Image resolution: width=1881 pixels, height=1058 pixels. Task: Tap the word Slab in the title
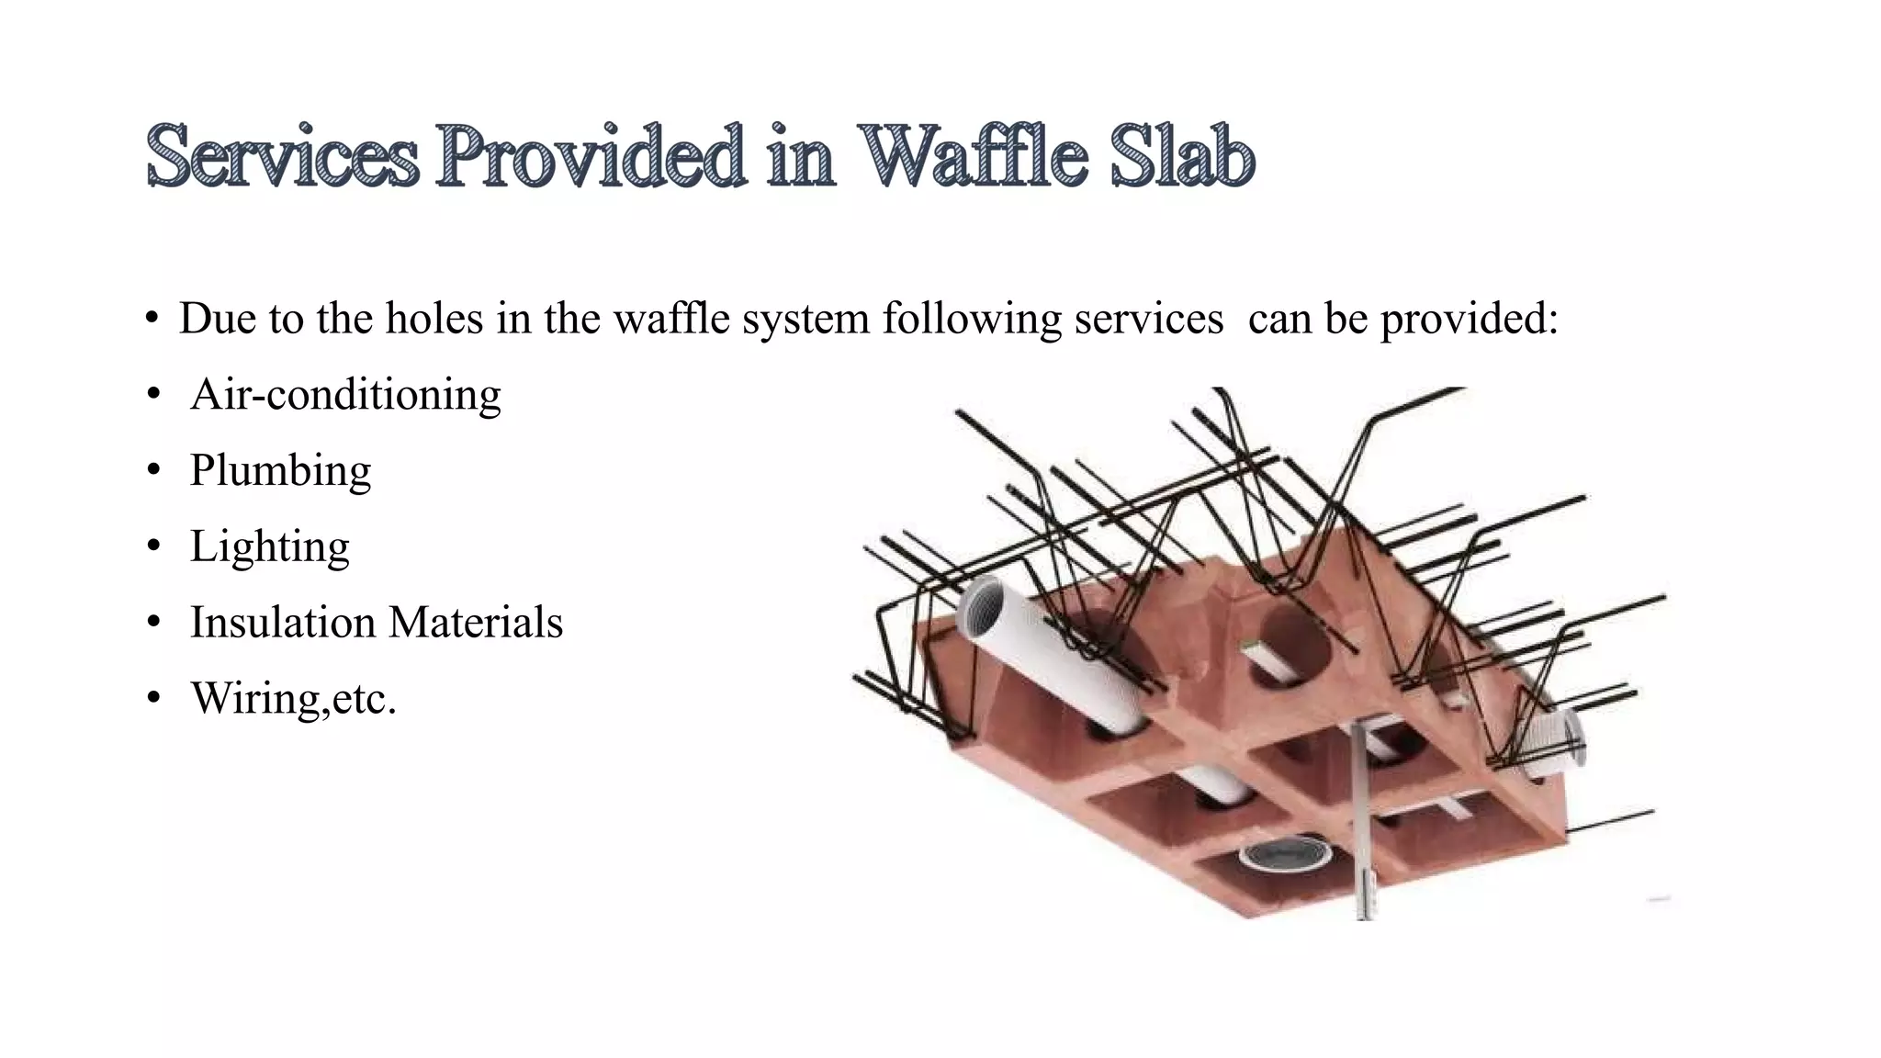[1182, 156]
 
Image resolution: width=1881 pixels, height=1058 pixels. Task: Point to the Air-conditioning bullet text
[345, 395]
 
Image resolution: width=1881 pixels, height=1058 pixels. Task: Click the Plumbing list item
[280, 471]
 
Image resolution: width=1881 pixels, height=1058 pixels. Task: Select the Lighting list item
[269, 547]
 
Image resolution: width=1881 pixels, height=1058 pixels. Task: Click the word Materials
[476, 623]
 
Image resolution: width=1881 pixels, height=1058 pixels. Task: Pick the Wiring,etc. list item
[293, 698]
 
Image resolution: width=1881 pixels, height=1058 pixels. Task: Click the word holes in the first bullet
[434, 319]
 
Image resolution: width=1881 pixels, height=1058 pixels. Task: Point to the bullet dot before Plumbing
[153, 471]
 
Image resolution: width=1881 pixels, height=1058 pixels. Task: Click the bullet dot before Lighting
[153, 547]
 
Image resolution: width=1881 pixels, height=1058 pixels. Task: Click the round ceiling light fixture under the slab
[1285, 855]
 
